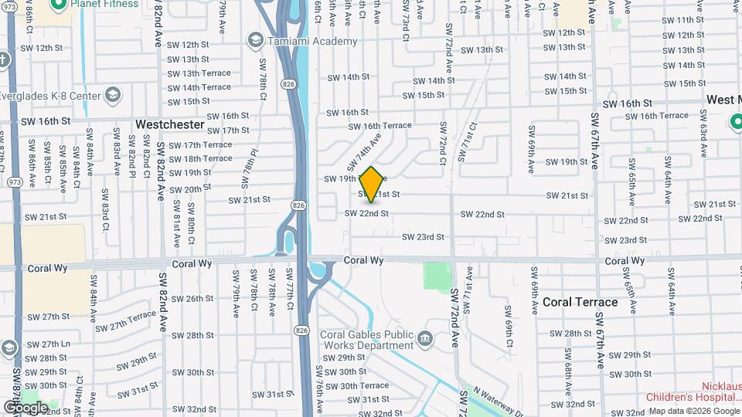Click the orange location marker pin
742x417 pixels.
[x=371, y=185]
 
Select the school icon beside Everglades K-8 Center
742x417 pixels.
[x=113, y=96]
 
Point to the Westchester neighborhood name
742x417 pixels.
[x=169, y=124]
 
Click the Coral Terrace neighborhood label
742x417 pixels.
[x=580, y=302]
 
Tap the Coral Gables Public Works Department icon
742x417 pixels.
[x=424, y=338]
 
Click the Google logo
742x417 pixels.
[x=25, y=407]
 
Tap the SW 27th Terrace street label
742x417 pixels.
[x=128, y=321]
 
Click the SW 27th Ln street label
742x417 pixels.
[x=56, y=344]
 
